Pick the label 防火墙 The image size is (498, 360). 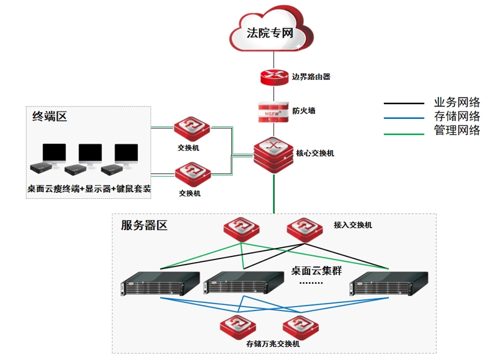(304, 112)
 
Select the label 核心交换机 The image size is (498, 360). (315, 152)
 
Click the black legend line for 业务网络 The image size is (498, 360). (404, 103)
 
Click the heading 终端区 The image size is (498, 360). (50, 116)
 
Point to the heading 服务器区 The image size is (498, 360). (144, 225)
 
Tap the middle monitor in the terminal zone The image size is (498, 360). (91, 154)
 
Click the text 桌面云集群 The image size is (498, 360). (316, 271)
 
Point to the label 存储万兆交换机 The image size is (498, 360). (272, 343)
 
